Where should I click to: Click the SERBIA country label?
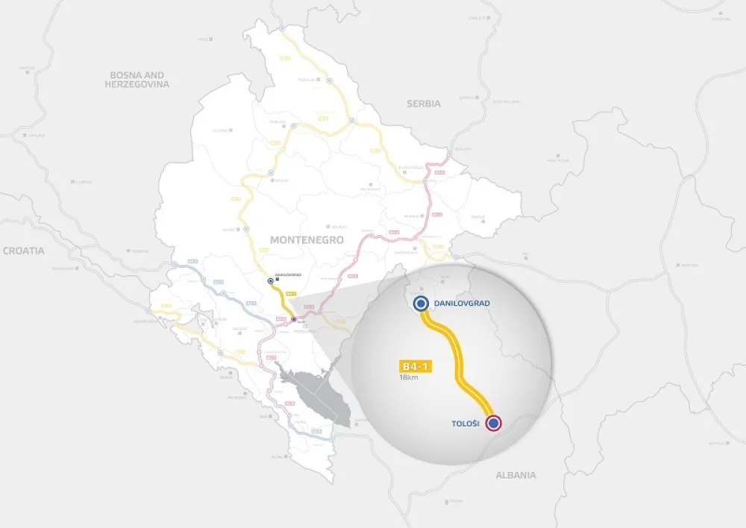423,104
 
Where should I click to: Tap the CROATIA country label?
23,251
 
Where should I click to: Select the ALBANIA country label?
515,475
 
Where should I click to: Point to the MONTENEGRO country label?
307,240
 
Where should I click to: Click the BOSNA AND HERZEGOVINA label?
137,80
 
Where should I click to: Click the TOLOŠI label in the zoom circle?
466,424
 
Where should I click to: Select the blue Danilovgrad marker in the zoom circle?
421,303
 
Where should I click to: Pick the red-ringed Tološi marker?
493,424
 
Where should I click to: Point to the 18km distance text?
408,378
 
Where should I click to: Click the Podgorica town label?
307,333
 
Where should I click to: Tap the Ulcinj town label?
278,456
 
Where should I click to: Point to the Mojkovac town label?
371,190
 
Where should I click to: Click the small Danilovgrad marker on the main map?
270,282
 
